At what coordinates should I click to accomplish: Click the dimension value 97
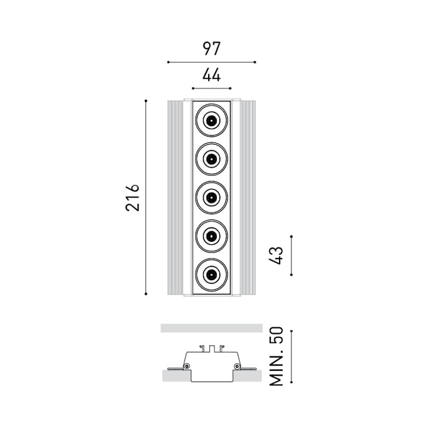click(x=211, y=48)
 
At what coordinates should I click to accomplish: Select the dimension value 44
click(x=211, y=75)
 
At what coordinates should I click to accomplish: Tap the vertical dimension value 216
click(x=132, y=197)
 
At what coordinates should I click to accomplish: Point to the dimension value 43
click(x=277, y=255)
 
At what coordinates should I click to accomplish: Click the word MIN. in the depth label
click(x=277, y=367)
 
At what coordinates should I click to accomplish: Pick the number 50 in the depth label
click(x=277, y=336)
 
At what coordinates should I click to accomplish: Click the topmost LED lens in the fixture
click(x=211, y=121)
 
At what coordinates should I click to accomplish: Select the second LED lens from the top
click(x=211, y=159)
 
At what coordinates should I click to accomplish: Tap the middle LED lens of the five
click(x=211, y=197)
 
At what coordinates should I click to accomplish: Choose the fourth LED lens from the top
click(x=211, y=236)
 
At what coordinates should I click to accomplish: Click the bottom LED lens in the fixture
click(x=211, y=275)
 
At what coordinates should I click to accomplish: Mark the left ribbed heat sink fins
click(x=175, y=197)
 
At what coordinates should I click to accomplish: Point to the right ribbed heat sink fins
click(x=248, y=197)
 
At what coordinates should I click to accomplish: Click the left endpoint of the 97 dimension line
click(x=168, y=62)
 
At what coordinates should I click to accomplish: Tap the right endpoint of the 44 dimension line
click(x=231, y=88)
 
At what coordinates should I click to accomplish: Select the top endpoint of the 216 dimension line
click(x=146, y=101)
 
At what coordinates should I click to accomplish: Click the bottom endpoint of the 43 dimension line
click(x=291, y=275)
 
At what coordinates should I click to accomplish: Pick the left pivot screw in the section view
click(x=188, y=366)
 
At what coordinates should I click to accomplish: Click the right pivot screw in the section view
click(x=237, y=366)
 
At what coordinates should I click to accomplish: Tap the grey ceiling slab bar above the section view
click(x=211, y=328)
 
